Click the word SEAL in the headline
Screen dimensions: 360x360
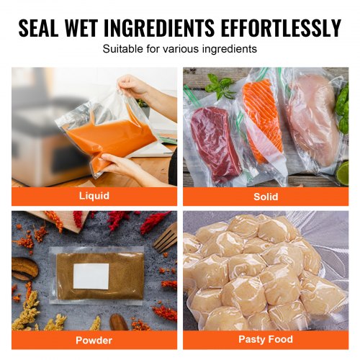click(38, 27)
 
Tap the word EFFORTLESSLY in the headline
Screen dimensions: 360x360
click(281, 27)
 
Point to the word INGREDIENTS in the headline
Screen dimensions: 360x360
click(159, 27)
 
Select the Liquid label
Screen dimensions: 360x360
click(94, 196)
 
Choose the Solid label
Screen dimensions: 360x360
click(266, 197)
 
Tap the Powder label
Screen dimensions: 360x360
click(94, 341)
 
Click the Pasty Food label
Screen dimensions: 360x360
click(266, 339)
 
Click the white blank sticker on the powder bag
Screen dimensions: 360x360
click(91, 276)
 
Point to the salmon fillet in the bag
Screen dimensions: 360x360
click(263, 120)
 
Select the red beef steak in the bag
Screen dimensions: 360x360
click(215, 143)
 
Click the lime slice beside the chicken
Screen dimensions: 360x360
click(343, 174)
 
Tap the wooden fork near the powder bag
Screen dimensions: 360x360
click(166, 238)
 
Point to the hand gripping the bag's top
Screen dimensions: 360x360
click(135, 85)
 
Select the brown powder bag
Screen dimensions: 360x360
click(96, 276)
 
